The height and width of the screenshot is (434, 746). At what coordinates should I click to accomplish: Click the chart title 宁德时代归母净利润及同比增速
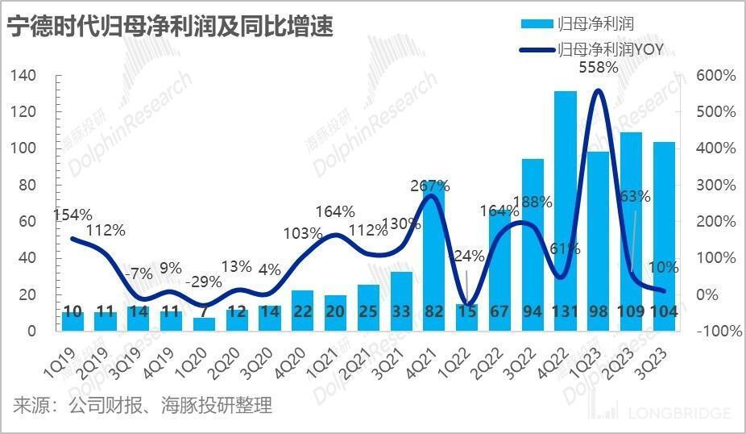(x=170, y=27)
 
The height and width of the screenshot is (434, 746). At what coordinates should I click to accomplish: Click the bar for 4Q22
(x=566, y=210)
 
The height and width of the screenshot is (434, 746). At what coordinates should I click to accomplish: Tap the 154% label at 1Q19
(x=73, y=215)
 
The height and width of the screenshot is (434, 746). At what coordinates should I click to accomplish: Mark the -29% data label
(x=203, y=284)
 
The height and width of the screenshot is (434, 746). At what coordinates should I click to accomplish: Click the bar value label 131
(x=566, y=311)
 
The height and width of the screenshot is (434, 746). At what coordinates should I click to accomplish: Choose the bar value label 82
(x=434, y=311)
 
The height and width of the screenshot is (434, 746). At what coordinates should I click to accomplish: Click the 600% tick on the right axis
(x=715, y=75)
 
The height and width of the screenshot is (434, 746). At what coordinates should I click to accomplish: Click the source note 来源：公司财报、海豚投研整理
(x=142, y=405)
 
